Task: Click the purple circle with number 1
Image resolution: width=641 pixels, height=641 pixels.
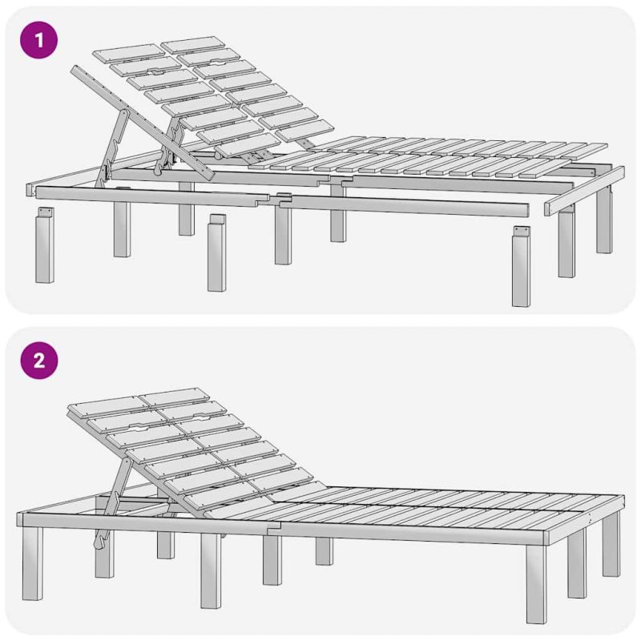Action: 38,40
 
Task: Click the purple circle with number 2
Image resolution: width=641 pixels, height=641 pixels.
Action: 38,361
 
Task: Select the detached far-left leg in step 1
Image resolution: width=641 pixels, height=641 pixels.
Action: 45,244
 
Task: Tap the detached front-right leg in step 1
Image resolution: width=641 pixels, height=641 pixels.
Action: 522,266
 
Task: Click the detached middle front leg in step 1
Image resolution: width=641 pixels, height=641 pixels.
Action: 216,252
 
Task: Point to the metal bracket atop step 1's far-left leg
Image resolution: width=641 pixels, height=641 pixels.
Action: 46,212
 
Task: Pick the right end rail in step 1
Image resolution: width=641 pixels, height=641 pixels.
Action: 584,191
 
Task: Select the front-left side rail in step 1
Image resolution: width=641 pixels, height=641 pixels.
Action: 152,196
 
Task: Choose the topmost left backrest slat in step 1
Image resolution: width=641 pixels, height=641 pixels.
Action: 129,53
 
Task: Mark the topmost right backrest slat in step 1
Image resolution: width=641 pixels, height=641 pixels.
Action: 193,45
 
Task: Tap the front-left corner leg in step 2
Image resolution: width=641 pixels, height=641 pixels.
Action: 33,563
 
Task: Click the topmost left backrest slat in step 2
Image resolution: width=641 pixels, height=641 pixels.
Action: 108,407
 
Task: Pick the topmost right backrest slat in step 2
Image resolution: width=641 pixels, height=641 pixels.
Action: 175,396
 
